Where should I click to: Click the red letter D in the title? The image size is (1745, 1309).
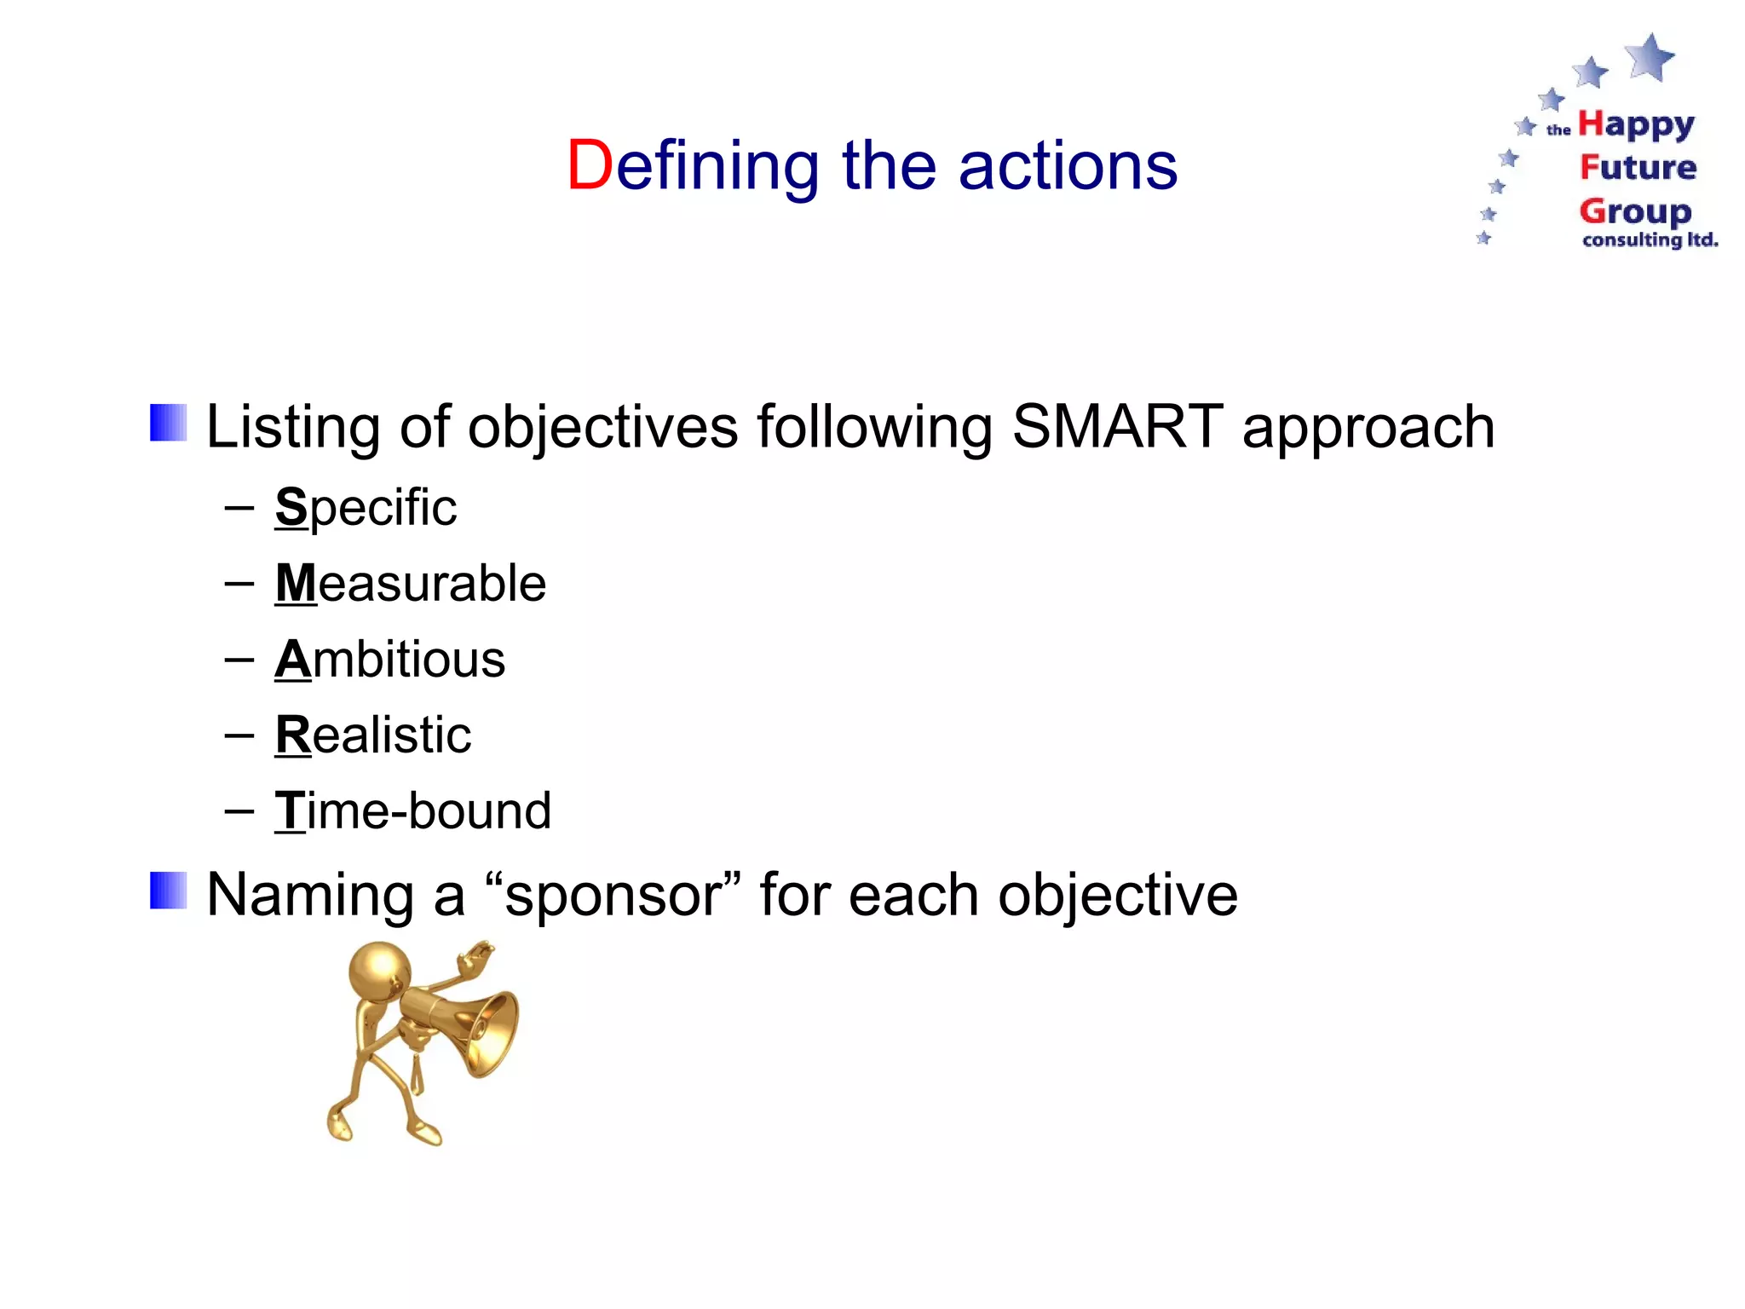590,165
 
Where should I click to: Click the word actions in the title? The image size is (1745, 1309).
1068,165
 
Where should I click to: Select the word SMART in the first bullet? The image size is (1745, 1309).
1117,426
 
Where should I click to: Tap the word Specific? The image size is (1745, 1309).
366,508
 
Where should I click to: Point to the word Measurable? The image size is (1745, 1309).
410,584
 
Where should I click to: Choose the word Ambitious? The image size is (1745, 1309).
389,660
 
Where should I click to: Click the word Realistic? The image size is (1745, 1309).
372,735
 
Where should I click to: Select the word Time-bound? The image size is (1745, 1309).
412,810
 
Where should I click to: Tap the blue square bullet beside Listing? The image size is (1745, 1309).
168,423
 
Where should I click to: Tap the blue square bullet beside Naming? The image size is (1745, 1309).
168,891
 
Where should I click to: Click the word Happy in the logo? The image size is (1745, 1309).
1636,126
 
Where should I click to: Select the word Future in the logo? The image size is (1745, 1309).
1638,167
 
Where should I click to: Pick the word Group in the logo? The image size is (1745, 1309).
1634,210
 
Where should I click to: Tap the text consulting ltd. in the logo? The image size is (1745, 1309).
1650,240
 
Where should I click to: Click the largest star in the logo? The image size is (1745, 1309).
1650,56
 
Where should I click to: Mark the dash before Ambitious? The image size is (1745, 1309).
239,660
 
